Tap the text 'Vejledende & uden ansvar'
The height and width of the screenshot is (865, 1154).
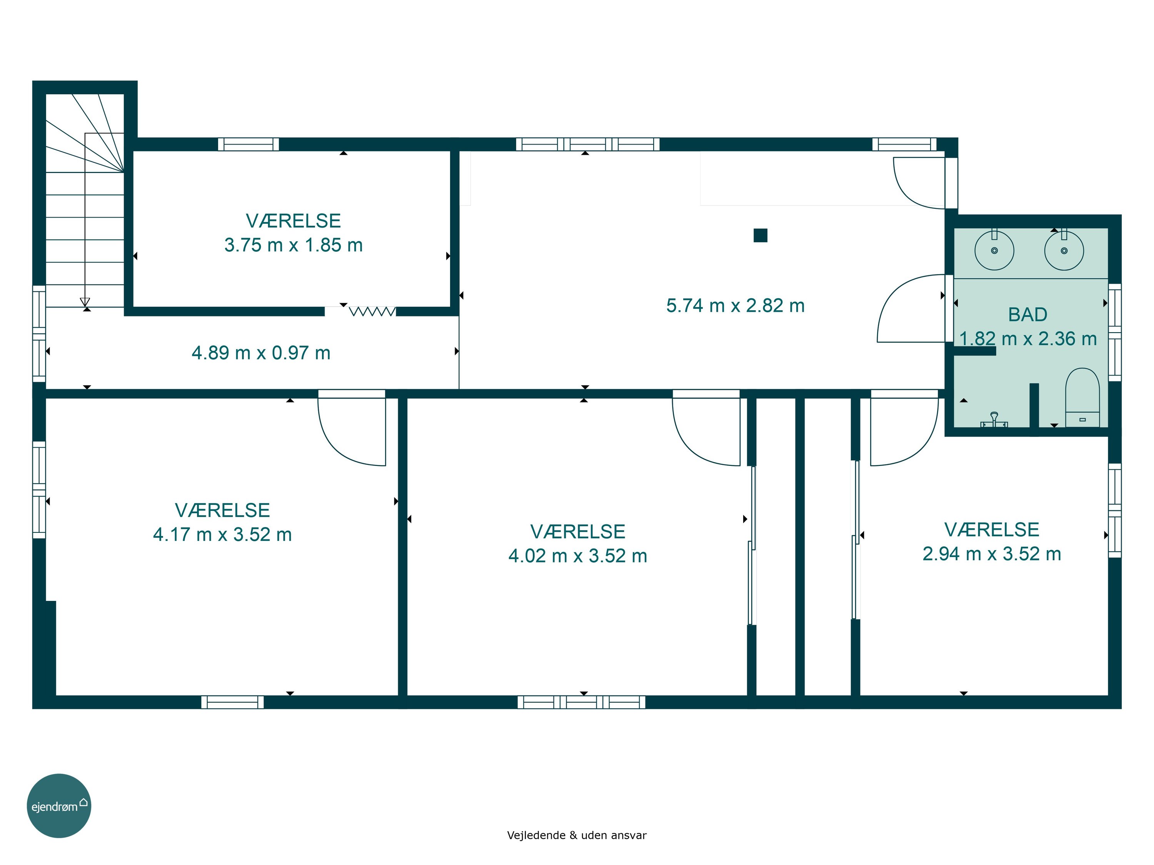coord(577,835)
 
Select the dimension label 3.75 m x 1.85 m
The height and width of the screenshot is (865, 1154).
coord(293,245)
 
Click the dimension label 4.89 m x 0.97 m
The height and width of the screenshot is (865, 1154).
coord(261,353)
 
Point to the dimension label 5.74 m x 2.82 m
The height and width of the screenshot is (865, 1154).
coord(735,306)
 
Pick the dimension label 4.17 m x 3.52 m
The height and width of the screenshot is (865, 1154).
coord(222,534)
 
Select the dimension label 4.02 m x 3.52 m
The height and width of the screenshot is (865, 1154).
coord(577,556)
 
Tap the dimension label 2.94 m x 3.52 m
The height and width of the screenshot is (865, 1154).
coord(992,554)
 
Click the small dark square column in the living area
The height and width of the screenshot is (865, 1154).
coord(760,236)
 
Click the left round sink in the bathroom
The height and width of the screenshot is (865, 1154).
coord(994,250)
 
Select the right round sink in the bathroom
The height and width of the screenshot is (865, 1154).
coord(1064,250)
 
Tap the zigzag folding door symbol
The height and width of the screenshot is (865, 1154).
coord(372,311)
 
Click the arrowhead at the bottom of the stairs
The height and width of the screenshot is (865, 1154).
coord(85,302)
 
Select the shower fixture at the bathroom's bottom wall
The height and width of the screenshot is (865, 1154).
coord(994,420)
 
